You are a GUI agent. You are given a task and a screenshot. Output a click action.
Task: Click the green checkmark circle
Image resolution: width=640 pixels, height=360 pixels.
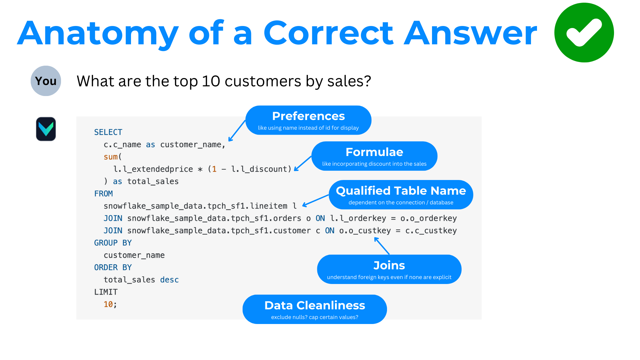(584, 33)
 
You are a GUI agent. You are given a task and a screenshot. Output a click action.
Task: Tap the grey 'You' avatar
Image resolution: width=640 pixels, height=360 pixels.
(46, 81)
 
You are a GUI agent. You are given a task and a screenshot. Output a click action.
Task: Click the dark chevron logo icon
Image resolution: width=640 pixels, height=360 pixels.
(46, 129)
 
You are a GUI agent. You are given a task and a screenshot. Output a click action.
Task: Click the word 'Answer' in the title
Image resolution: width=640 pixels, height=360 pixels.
(470, 33)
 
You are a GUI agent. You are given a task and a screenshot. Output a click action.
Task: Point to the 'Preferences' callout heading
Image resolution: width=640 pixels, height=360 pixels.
(308, 116)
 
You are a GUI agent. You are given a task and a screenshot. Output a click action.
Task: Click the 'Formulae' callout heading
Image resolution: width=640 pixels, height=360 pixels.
(374, 152)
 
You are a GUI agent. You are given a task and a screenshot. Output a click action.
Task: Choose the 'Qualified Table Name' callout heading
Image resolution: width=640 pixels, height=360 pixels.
(401, 191)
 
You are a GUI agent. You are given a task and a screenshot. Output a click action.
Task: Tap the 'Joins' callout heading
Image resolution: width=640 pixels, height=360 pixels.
(389, 265)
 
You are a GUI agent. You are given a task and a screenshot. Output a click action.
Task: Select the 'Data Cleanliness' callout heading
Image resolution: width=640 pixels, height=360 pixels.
(315, 305)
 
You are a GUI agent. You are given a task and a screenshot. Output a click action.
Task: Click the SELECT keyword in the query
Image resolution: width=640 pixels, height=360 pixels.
(108, 132)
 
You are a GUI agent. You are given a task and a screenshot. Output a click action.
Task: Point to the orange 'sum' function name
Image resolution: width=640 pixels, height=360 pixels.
(111, 157)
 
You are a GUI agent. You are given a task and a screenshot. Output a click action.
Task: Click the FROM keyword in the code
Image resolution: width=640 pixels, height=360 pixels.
(104, 194)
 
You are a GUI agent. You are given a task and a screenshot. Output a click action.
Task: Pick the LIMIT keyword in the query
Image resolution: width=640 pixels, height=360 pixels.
(106, 292)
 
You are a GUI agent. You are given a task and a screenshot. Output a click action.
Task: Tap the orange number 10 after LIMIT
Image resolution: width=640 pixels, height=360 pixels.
(108, 304)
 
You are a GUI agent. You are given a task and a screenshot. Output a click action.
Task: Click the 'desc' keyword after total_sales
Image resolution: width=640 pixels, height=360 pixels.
(169, 280)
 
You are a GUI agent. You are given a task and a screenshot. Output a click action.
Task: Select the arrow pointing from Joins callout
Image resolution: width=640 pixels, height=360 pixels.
(382, 246)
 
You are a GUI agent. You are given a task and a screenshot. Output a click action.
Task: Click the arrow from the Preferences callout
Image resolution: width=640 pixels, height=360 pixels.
(237, 131)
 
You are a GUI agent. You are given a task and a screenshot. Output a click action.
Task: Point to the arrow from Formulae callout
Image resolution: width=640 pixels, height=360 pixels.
(303, 163)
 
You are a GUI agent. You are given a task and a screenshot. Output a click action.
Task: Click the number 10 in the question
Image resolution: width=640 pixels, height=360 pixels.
(211, 81)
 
